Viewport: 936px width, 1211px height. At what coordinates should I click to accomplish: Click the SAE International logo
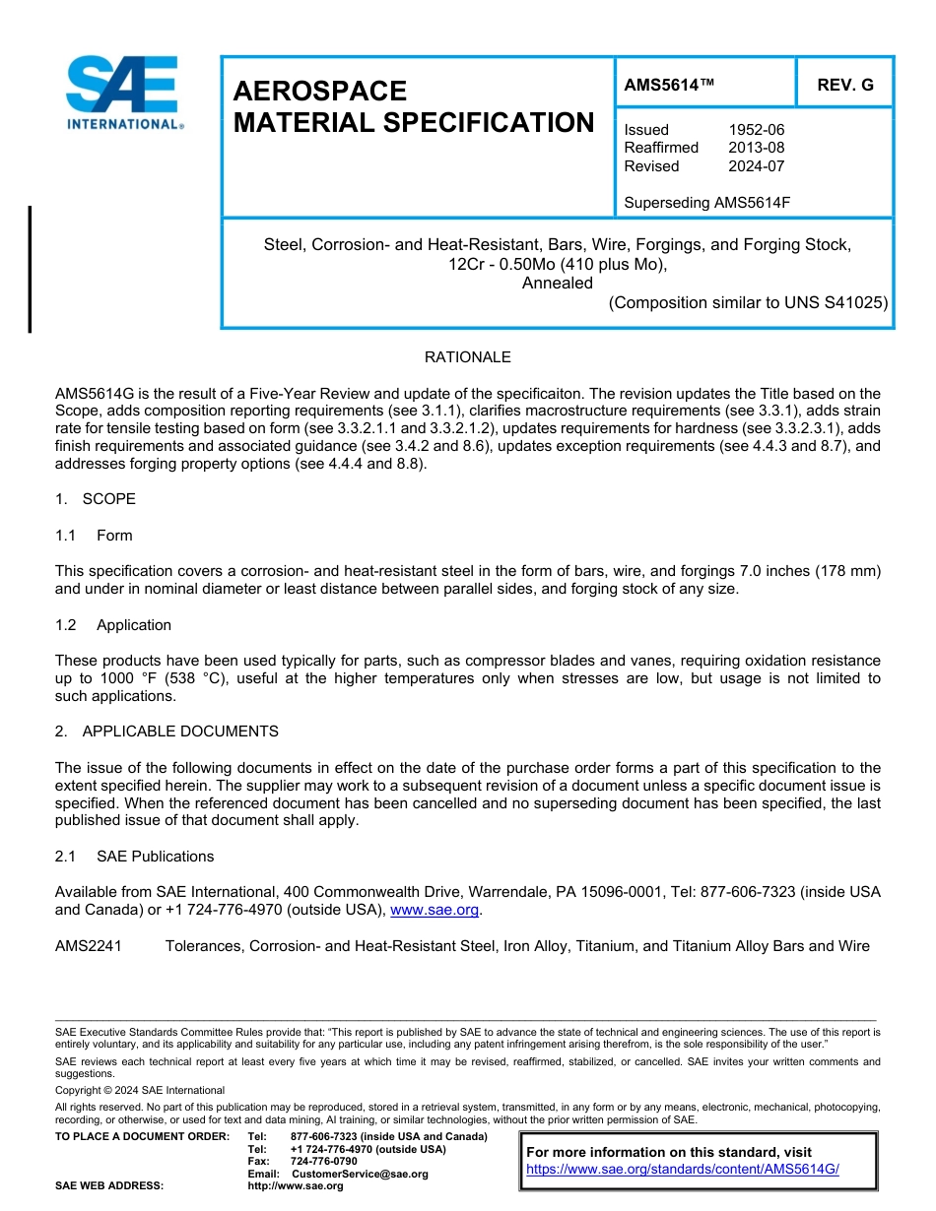click(123, 94)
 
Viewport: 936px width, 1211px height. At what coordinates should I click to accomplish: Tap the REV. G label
click(844, 86)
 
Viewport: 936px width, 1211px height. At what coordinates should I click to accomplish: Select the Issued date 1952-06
click(756, 130)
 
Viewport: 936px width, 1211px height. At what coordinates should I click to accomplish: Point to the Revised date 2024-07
click(756, 166)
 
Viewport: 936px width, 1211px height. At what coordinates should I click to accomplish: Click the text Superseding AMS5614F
click(706, 203)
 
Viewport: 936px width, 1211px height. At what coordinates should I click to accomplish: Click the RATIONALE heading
click(467, 357)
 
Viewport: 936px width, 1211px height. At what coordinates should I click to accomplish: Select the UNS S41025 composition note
click(748, 303)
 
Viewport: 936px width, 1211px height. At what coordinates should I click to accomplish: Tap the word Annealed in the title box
click(557, 284)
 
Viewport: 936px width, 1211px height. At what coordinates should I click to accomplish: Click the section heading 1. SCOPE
click(96, 499)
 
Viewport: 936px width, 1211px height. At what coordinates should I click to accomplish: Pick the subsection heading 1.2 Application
click(114, 625)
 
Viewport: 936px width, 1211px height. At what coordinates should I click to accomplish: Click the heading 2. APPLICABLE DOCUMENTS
click(167, 732)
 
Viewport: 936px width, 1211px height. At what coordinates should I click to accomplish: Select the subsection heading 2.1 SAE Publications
click(135, 857)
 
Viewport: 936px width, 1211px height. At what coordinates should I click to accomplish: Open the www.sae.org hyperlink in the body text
click(435, 911)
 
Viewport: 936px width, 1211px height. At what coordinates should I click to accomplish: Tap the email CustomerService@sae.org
click(360, 1174)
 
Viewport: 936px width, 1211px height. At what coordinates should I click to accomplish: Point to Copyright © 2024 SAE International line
click(140, 1091)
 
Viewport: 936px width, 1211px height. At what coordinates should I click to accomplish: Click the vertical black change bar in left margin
click(30, 269)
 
